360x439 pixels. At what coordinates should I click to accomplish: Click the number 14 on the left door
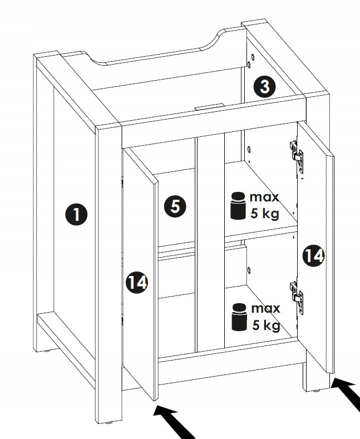point(136,282)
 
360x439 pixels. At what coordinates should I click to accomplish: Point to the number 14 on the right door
point(313,255)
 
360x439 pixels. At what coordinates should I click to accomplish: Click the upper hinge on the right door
point(296,154)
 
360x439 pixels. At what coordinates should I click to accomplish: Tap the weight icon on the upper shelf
point(238,206)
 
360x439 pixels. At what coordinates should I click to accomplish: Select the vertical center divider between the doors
point(210,239)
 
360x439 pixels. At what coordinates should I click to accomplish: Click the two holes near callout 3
point(250,62)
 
